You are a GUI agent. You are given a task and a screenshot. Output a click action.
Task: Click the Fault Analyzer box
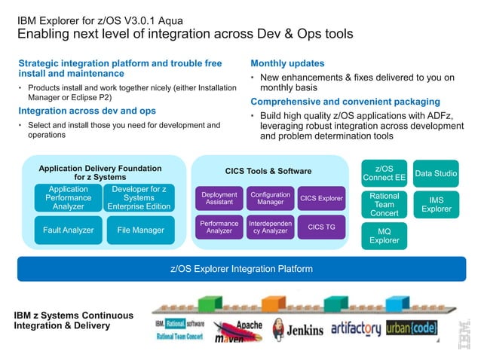point(68,230)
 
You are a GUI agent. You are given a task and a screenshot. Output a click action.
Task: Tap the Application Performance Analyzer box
point(68,198)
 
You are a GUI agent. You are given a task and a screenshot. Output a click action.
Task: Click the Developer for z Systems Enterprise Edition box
point(139,198)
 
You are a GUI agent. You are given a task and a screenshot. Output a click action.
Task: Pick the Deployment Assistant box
point(219,198)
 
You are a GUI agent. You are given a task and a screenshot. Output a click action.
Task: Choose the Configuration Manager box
point(270,198)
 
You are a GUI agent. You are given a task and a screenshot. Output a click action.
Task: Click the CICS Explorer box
point(321,199)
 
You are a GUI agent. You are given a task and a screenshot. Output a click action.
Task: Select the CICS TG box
point(321,227)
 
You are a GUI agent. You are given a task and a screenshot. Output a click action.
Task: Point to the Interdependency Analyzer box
point(270,227)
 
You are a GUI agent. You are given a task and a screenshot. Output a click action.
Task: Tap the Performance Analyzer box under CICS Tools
point(219,227)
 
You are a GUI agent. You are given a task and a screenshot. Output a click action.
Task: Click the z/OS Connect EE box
point(384,172)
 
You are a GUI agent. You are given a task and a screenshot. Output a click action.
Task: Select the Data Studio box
point(436,173)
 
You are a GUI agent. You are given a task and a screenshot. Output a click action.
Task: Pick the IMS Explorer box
point(436,204)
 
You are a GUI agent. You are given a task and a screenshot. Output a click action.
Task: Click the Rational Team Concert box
point(384,204)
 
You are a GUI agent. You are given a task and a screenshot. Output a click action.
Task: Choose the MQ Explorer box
point(384,236)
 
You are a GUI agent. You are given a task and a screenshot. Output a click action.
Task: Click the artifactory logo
point(353,328)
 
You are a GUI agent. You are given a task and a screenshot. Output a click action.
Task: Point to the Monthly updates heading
point(287,64)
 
